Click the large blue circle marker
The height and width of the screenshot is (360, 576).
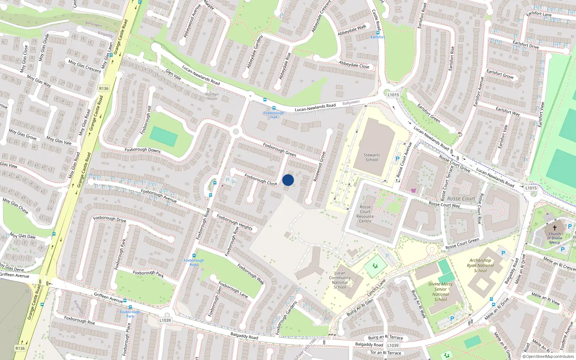pos(288,180)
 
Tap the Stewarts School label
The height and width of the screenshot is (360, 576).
pos(372,157)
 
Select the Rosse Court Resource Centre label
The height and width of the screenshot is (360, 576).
pos(365,214)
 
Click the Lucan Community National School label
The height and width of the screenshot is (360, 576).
pos(340,280)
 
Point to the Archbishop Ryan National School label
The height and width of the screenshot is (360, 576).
pos(480,265)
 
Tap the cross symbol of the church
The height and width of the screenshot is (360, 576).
pos(555,228)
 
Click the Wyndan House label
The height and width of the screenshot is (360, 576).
pos(212,96)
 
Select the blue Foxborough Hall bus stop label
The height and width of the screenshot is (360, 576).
pos(274,115)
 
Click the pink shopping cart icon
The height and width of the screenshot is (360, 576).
pos(413,190)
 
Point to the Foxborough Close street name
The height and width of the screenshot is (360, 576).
pos(261,179)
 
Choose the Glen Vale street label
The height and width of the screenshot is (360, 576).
pos(173,75)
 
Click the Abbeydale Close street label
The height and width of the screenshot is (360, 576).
pos(354,65)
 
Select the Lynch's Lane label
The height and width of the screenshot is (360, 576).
pos(376,288)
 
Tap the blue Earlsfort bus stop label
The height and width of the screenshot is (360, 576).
pos(378,37)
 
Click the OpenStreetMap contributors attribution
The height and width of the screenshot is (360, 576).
pos(548,357)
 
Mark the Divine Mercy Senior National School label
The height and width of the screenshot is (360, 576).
pos(441,292)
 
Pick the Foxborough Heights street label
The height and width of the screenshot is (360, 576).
pos(235,222)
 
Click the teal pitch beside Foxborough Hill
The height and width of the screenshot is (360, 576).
pos(163,136)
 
